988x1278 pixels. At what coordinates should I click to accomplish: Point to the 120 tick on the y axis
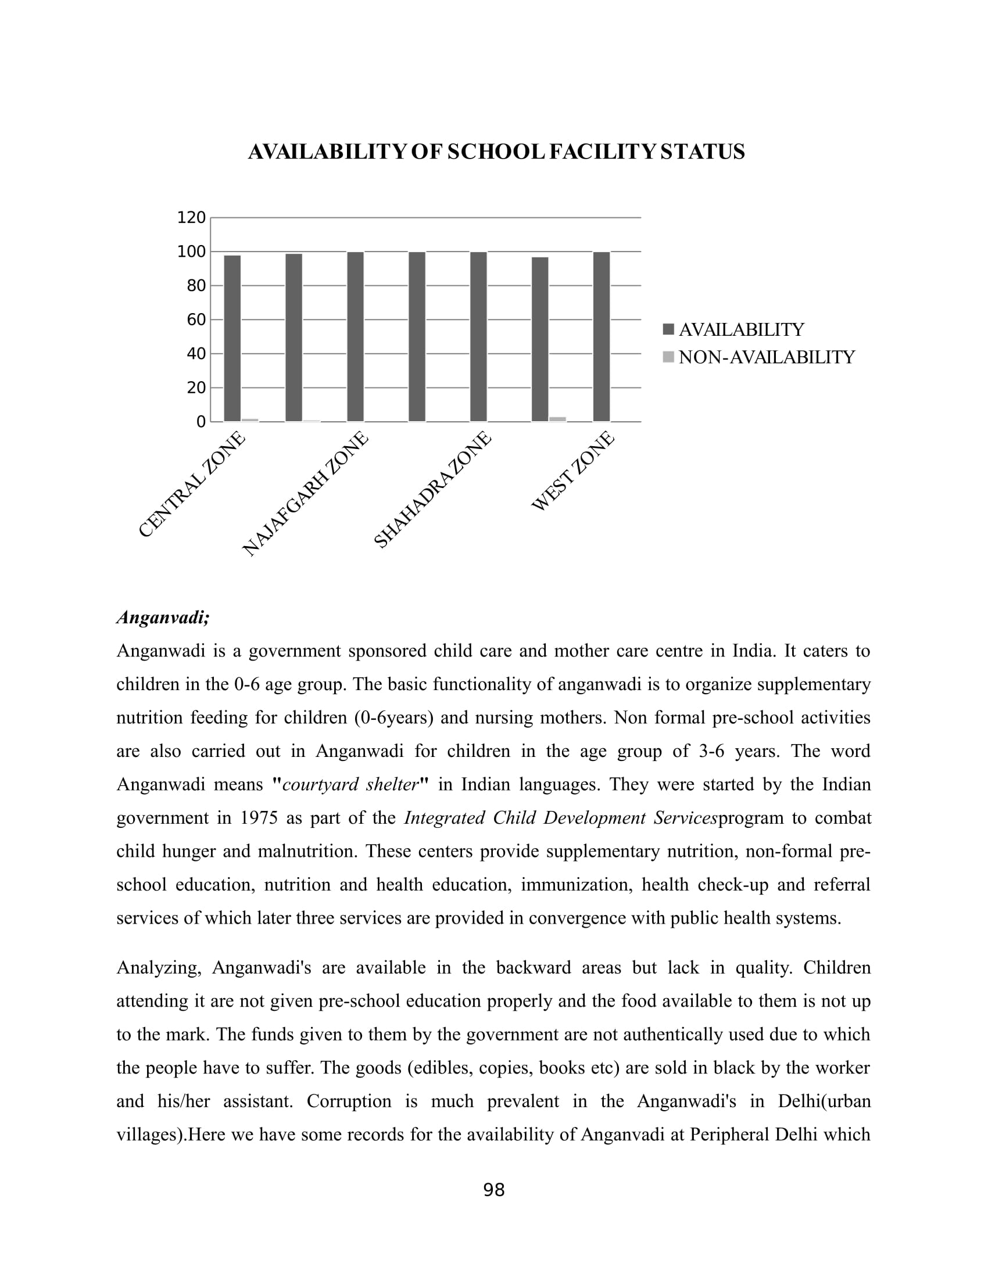[x=191, y=218]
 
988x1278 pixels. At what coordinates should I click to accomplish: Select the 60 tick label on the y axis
[x=196, y=319]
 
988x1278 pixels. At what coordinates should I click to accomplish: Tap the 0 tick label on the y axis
[x=201, y=422]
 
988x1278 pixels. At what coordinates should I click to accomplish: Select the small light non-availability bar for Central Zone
[x=250, y=419]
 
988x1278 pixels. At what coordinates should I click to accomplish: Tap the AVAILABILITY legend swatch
[x=668, y=329]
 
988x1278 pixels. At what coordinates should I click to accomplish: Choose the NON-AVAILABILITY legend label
[x=766, y=357]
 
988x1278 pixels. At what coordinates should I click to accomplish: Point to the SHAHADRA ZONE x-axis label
[x=432, y=490]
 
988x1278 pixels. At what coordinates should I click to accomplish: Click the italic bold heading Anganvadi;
[x=163, y=618]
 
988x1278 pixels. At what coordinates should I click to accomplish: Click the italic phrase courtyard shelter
[x=350, y=784]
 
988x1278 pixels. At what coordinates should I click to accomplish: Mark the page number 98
[x=493, y=1190]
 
